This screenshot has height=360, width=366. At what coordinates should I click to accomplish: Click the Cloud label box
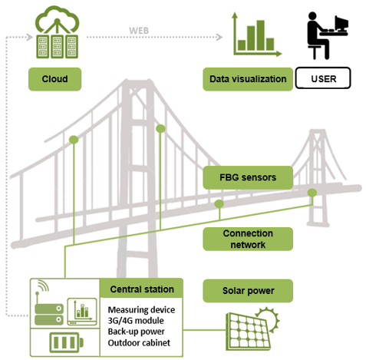(54, 79)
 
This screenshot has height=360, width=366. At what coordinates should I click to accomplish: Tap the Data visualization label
(248, 79)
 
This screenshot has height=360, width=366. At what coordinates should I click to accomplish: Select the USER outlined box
(323, 78)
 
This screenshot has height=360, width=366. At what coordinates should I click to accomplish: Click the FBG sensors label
(248, 177)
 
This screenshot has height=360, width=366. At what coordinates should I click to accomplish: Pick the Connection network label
(248, 239)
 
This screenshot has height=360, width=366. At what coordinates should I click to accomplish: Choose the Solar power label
(248, 291)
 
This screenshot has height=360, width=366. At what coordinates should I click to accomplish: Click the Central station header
(142, 289)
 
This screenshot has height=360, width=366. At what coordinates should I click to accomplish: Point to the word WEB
(139, 31)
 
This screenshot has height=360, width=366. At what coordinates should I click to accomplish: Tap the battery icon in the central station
(66, 342)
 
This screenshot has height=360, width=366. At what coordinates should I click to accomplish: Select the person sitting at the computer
(317, 36)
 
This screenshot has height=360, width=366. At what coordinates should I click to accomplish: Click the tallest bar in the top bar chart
(261, 35)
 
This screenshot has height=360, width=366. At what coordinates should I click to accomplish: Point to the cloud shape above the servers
(57, 19)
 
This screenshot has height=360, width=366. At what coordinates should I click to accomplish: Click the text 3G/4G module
(136, 321)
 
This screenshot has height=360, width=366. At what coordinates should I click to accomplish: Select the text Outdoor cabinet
(139, 342)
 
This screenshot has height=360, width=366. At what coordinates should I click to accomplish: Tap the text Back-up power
(136, 332)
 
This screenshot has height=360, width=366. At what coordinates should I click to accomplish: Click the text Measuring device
(141, 310)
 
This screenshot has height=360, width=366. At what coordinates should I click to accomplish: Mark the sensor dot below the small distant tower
(312, 193)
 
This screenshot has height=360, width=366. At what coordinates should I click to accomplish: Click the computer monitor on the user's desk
(341, 23)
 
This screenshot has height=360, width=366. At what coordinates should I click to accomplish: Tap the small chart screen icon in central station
(82, 312)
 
